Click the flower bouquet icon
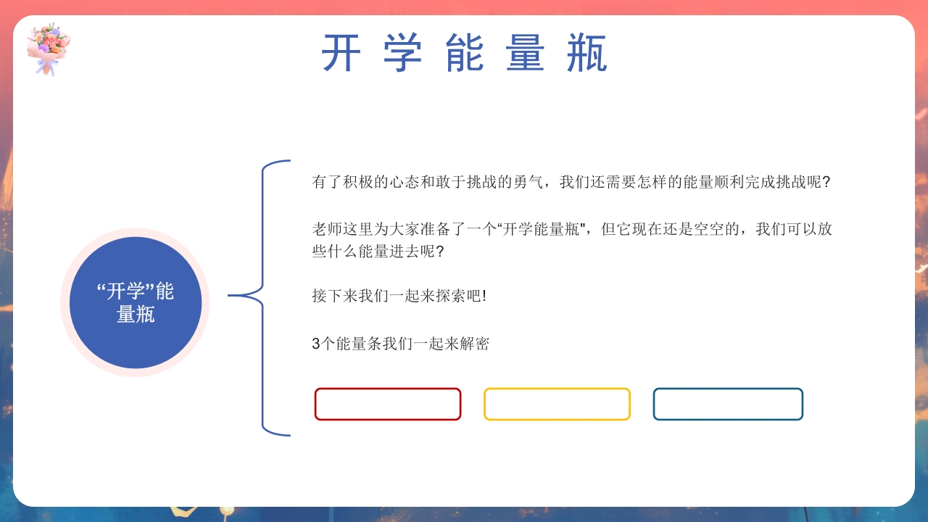[x=49, y=48]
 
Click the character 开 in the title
[x=341, y=54]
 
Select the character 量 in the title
[x=526, y=54]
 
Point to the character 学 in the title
[x=402, y=54]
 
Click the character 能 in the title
[x=464, y=54]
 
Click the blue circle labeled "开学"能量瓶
[x=136, y=302]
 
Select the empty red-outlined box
[x=388, y=404]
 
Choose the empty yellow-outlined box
[x=557, y=404]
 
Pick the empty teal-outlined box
[x=728, y=404]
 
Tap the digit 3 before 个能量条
[x=315, y=344]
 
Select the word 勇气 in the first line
[x=533, y=182]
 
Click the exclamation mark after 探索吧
[x=484, y=296]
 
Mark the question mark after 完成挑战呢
[x=826, y=182]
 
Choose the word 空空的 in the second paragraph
[x=715, y=229]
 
